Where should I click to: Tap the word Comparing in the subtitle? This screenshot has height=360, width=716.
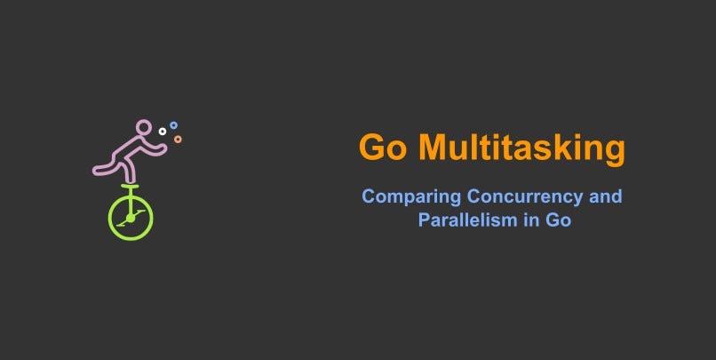[400, 196]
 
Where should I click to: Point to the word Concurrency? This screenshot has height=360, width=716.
[518, 196]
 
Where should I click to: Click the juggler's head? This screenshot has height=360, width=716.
[144, 130]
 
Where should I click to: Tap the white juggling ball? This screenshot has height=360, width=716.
[163, 132]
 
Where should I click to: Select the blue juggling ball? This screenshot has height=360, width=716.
[173, 125]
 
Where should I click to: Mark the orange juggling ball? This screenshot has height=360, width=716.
[178, 139]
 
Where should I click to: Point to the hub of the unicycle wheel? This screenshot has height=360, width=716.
[131, 218]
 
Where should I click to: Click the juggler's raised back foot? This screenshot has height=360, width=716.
[98, 169]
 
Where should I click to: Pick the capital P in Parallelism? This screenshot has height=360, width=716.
[424, 220]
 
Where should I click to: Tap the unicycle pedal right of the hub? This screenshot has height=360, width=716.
[139, 212]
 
